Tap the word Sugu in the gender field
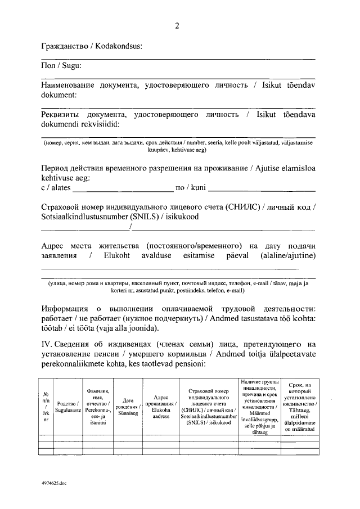point(71,66)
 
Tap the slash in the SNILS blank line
point(130,227)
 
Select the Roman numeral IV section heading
point(47,344)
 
